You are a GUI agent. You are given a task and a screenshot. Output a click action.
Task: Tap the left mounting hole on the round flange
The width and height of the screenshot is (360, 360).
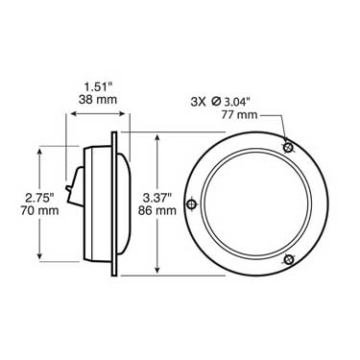point(193,204)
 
